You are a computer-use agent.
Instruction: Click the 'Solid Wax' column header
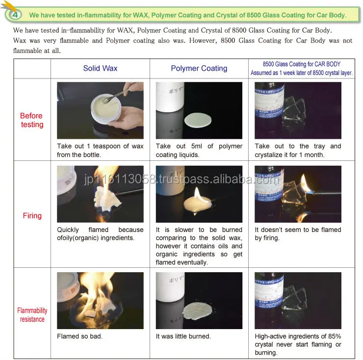tap(100, 68)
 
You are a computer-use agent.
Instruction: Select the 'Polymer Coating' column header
tap(199, 68)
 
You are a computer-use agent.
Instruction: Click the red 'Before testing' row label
tap(31, 120)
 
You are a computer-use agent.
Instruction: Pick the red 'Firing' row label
tap(32, 215)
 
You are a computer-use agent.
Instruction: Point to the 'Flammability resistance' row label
tap(32, 315)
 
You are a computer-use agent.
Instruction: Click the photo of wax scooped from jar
tap(100, 110)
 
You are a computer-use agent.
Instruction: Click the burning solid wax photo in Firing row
tap(100, 194)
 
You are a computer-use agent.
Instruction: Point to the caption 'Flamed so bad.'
tap(79, 336)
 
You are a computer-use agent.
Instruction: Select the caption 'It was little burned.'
tap(183, 336)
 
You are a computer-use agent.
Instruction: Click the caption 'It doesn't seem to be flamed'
tap(298, 230)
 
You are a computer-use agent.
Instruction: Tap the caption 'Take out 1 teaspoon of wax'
tap(100, 146)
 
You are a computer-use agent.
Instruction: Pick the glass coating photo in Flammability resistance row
tap(298, 301)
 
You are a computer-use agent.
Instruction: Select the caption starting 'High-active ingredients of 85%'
tap(298, 336)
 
